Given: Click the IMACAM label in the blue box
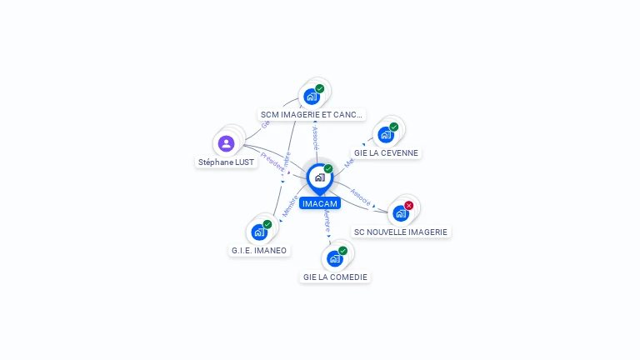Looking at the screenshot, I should (x=320, y=203).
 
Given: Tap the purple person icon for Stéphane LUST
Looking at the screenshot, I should (x=226, y=143).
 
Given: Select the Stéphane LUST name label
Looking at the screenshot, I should (x=226, y=162).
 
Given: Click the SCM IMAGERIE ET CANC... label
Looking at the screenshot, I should (x=312, y=114).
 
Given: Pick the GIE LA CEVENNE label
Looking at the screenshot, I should (x=386, y=153).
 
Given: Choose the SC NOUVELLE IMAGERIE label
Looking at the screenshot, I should (x=401, y=232).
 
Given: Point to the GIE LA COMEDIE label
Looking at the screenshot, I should (x=335, y=277).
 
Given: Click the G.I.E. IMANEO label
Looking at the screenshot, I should (x=259, y=250).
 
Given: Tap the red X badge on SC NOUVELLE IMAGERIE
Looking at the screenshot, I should (x=408, y=205).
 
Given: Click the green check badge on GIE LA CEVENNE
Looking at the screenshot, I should (x=393, y=127).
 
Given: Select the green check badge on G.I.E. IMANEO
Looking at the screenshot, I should (x=267, y=224).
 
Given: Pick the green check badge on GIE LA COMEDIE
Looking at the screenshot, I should (x=342, y=251).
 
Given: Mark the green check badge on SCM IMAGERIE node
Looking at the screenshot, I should (x=319, y=88).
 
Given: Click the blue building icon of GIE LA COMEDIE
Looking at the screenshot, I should (x=334, y=258).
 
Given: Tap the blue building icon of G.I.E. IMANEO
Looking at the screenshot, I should (x=259, y=232).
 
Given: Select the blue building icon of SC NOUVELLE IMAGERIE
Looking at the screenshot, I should (x=400, y=213).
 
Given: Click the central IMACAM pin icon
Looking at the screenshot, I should (x=319, y=177).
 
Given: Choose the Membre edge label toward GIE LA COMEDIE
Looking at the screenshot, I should (x=327, y=221).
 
